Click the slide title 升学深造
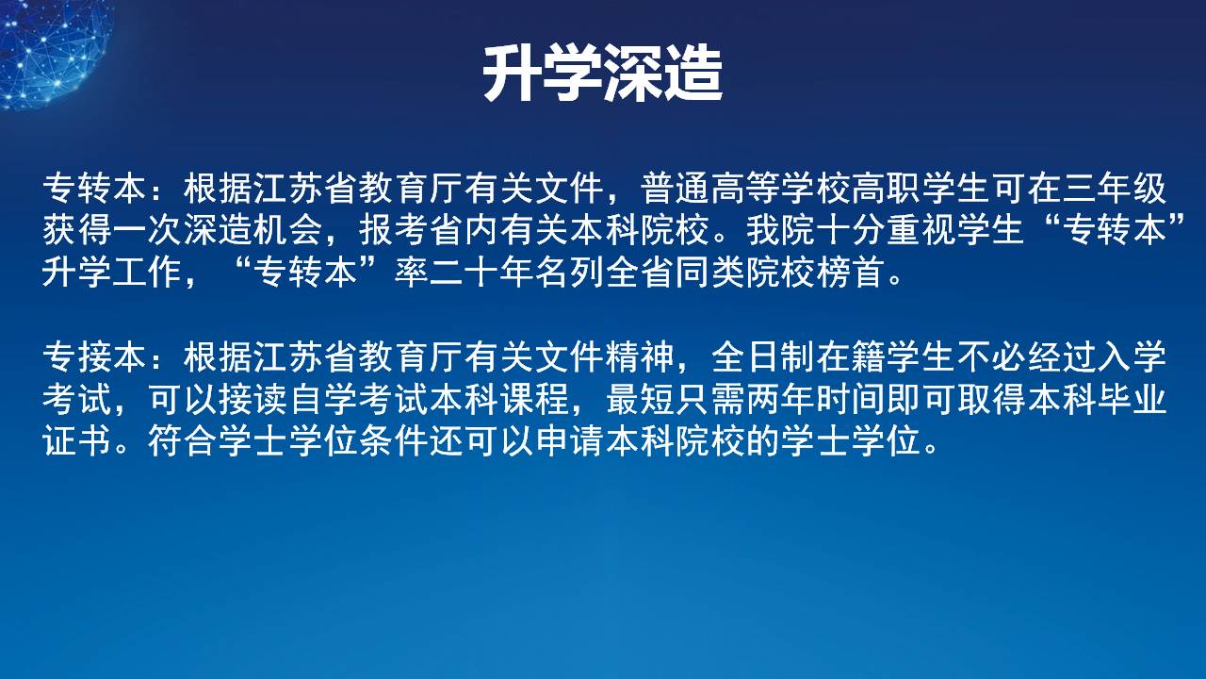pos(602,75)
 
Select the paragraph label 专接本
pos(95,356)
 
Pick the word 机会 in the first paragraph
pos(288,230)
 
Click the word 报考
pos(394,230)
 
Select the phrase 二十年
pos(481,273)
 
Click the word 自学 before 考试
pos(323,399)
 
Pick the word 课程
pos(534,399)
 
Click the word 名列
pos(568,273)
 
